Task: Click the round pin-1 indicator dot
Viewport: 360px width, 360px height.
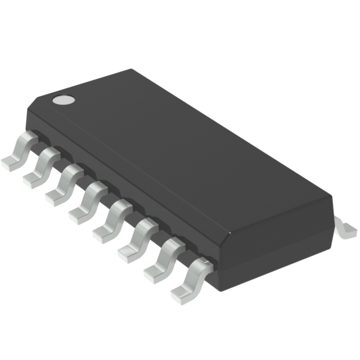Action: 64,100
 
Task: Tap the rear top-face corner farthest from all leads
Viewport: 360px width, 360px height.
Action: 133,70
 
